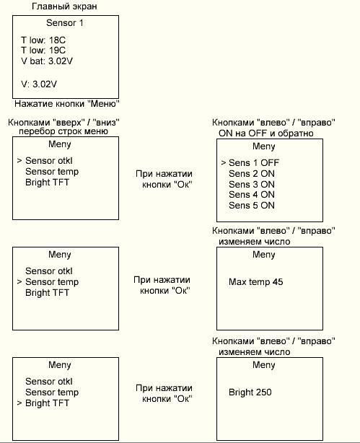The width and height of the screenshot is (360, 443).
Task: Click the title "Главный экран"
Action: click(x=64, y=6)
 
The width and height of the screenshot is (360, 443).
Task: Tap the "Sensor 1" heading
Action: click(x=65, y=22)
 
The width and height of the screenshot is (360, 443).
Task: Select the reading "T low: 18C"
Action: click(x=43, y=40)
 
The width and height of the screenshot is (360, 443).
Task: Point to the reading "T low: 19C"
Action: click(x=43, y=50)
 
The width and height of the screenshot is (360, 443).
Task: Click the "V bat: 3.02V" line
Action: click(x=47, y=61)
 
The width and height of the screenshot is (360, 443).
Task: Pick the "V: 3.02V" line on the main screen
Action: click(x=39, y=84)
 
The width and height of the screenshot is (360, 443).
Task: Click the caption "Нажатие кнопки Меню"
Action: click(x=67, y=104)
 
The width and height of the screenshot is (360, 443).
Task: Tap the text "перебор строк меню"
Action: click(x=63, y=131)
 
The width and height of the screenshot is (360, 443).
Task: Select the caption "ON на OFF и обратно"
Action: click(x=266, y=133)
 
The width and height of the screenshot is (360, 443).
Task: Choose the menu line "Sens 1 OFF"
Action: click(x=254, y=163)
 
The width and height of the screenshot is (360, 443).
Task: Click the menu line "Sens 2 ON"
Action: click(x=252, y=173)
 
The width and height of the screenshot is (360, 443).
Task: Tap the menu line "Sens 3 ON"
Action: click(x=252, y=184)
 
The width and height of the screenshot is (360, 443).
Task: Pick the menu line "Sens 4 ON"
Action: click(x=252, y=194)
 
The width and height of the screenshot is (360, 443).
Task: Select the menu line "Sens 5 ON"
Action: click(x=252, y=205)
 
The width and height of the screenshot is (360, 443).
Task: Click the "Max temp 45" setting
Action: click(x=255, y=281)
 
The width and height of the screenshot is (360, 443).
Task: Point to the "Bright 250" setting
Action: click(x=250, y=392)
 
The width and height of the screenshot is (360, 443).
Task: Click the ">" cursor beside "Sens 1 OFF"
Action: click(x=224, y=163)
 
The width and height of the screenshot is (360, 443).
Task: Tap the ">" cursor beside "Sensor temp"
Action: click(x=19, y=281)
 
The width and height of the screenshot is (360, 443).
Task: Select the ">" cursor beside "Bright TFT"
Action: click(x=19, y=403)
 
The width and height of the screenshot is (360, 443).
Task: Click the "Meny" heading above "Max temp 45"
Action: click(x=263, y=255)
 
